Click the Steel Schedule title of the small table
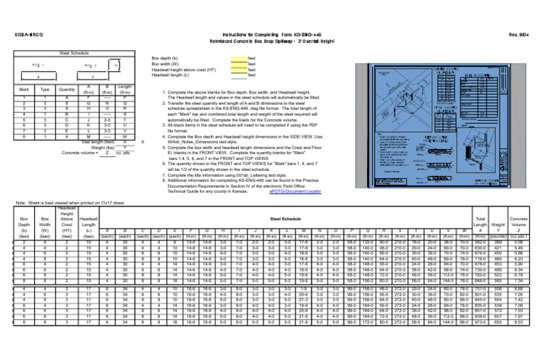pos(74,53)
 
